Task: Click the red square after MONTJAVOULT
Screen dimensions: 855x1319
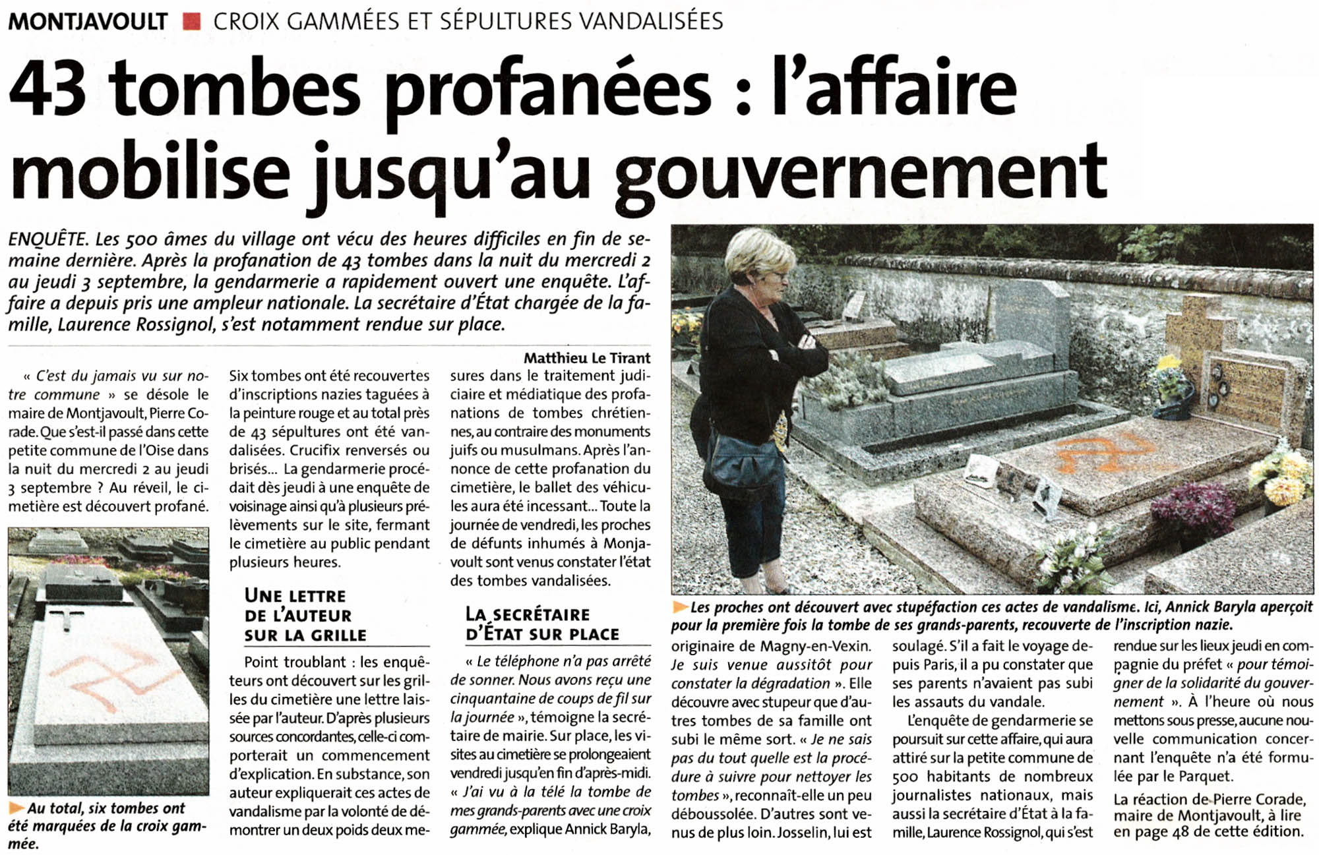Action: tap(191, 22)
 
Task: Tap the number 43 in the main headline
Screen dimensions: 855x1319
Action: tap(47, 89)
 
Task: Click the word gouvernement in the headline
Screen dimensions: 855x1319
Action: tap(861, 173)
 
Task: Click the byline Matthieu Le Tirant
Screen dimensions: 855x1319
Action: tap(586, 358)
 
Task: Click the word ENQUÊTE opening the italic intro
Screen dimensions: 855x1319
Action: tap(46, 239)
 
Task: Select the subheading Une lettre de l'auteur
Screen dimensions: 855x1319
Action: tap(305, 616)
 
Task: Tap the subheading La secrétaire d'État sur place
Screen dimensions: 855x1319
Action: tap(542, 624)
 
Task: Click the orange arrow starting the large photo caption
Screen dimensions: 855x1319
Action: tap(679, 606)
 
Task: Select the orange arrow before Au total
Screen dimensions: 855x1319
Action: tap(16, 808)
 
